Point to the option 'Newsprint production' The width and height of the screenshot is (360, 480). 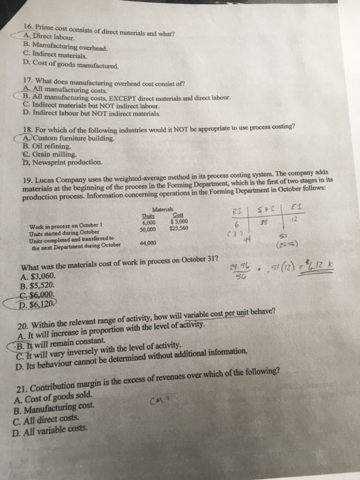pos(70,163)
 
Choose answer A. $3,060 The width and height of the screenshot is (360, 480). pos(43,276)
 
